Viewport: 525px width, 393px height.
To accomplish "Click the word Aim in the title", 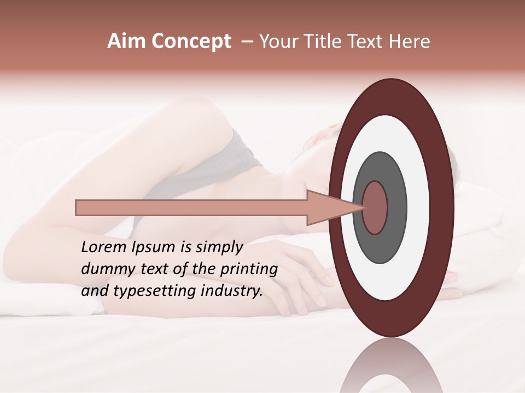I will (x=127, y=41).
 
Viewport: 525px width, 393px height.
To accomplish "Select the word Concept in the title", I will (x=191, y=41).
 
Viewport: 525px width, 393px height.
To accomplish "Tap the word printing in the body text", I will (x=249, y=269).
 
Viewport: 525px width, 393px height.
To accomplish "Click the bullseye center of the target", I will (x=375, y=208).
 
